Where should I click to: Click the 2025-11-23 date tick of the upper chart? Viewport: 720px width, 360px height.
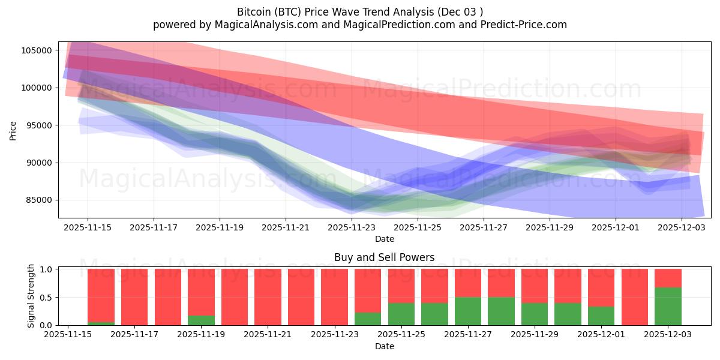(x=352, y=228)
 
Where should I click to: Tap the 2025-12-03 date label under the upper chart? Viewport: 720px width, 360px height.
(x=681, y=228)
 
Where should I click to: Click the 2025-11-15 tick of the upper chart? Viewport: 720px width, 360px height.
(x=88, y=228)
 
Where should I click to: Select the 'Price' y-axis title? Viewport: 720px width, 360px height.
(x=13, y=130)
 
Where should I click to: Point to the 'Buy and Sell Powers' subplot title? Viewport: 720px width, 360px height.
(x=384, y=258)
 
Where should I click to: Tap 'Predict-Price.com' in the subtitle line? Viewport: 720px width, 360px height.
(x=526, y=25)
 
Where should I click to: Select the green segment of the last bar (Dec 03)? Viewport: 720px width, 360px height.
(x=668, y=306)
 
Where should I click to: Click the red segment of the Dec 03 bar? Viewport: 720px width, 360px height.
(x=668, y=278)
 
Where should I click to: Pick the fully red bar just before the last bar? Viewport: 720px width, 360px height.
(x=634, y=297)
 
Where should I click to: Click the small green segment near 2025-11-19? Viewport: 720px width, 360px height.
(x=201, y=320)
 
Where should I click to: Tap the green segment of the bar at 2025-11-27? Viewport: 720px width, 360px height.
(x=467, y=311)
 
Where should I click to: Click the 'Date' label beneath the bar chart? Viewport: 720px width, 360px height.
(x=384, y=346)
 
